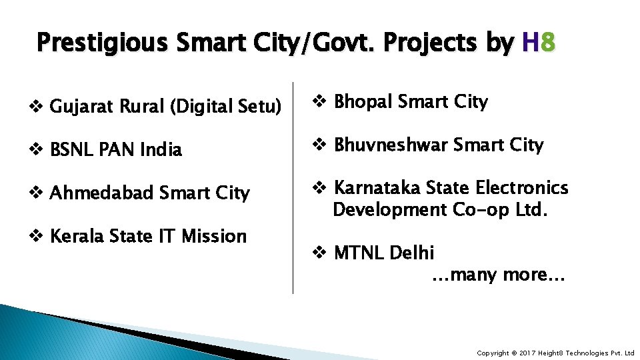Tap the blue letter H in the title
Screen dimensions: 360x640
click(x=531, y=43)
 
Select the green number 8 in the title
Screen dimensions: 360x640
click(x=547, y=43)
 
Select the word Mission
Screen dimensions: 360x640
click(x=214, y=236)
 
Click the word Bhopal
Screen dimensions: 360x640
click(x=363, y=102)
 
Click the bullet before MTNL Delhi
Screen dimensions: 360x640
click(x=319, y=253)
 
